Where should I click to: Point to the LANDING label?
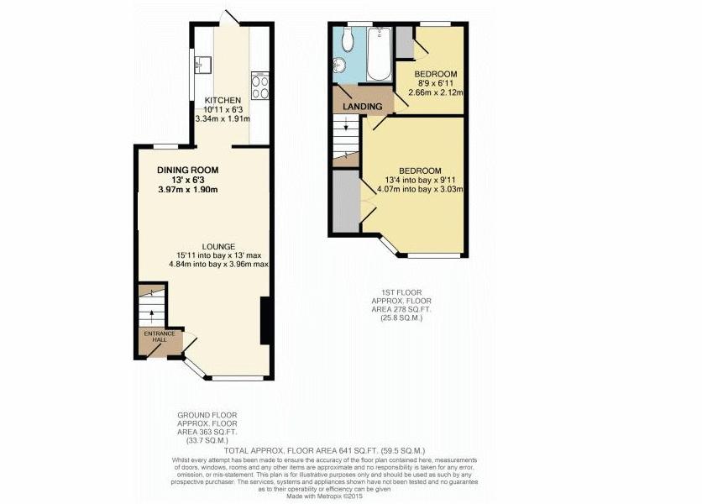[367, 107]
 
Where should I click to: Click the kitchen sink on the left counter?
[201, 63]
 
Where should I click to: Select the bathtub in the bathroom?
[380, 54]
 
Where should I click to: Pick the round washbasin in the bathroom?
[340, 66]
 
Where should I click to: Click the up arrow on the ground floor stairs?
[151, 314]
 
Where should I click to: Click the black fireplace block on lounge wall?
[265, 320]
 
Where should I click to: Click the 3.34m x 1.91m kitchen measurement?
[223, 119]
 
